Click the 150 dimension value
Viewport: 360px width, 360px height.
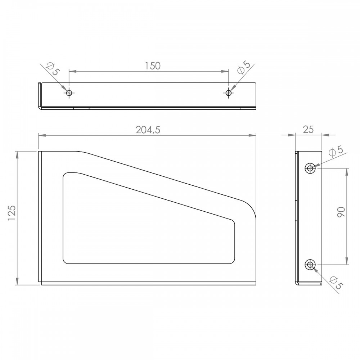point(153,66)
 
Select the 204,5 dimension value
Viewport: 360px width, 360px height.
point(148,130)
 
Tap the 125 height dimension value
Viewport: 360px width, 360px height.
point(12,213)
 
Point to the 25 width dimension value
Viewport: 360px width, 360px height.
point(308,130)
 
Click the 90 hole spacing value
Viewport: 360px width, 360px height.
point(341,212)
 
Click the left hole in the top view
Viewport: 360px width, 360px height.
point(69,93)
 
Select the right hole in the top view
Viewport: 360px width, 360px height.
point(229,93)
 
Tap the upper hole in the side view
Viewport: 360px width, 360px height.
point(310,168)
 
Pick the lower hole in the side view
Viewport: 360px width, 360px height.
point(310,265)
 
